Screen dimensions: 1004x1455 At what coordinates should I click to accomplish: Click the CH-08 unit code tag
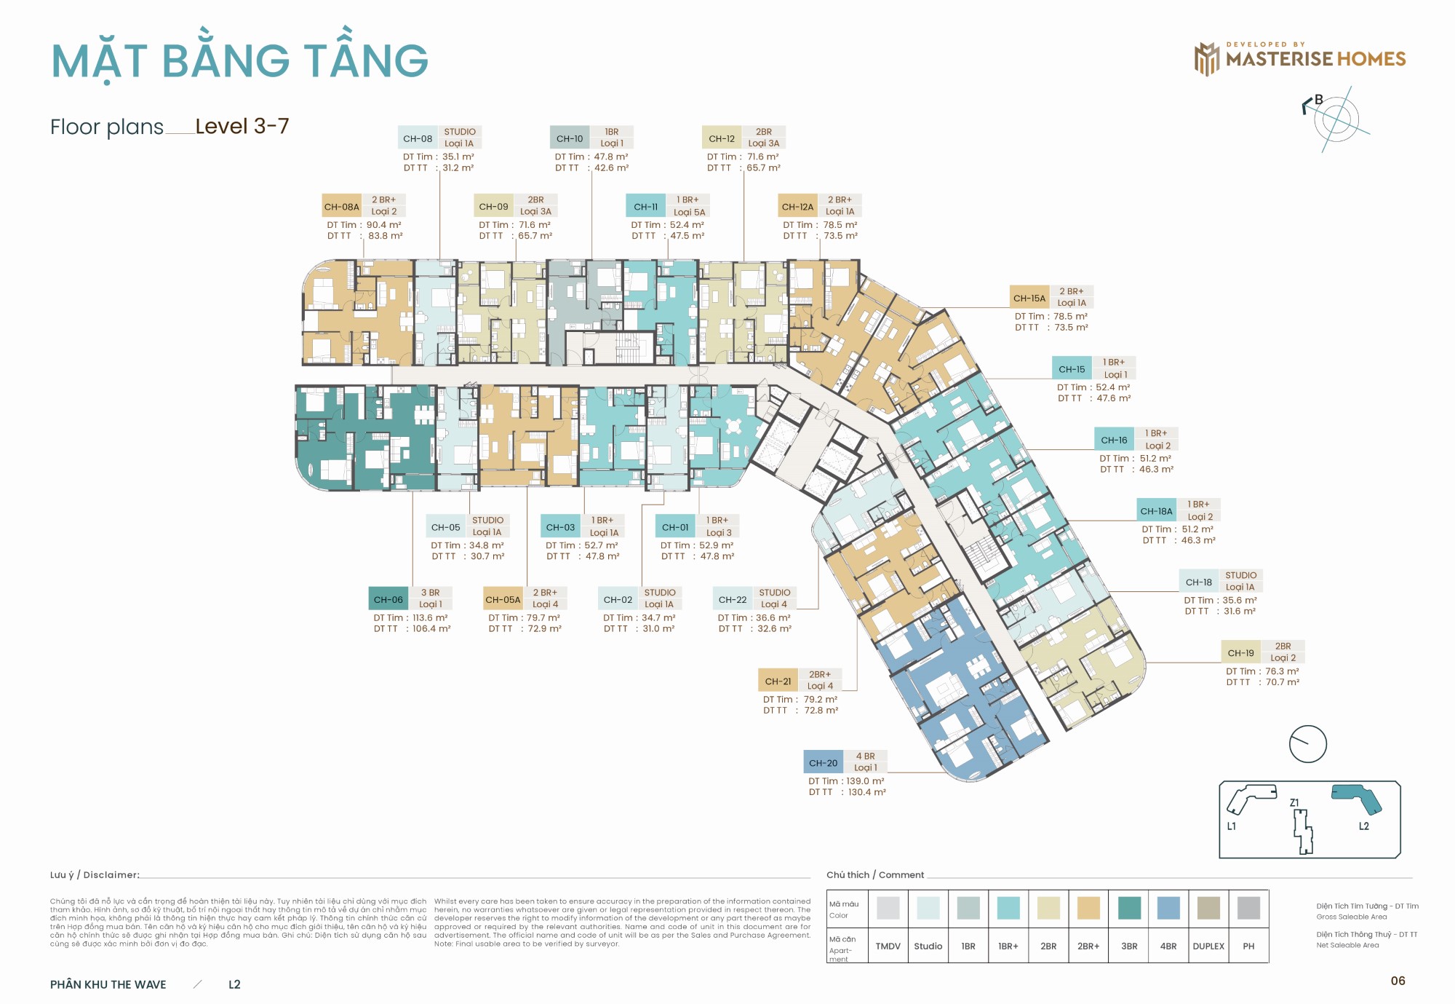(418, 138)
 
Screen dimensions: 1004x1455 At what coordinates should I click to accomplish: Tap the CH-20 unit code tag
(823, 763)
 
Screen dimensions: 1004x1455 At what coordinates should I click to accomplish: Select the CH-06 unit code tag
(388, 599)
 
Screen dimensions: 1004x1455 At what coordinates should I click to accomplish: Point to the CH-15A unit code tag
(1029, 298)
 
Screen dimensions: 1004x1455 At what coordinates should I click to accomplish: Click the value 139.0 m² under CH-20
(865, 780)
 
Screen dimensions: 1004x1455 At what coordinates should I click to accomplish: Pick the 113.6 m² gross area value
(430, 617)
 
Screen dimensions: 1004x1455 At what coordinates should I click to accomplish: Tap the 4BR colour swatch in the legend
(1168, 908)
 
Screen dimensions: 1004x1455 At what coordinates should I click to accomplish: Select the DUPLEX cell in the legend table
(1208, 946)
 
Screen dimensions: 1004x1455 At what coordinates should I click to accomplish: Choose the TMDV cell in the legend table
(888, 946)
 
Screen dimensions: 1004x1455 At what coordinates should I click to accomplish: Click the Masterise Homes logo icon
(1206, 59)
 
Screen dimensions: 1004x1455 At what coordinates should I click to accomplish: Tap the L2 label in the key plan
(1363, 826)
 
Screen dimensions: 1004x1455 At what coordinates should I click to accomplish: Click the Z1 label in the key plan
(1294, 802)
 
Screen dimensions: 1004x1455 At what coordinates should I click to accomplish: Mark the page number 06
(1398, 981)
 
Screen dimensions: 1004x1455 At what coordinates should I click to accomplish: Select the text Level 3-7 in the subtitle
(242, 126)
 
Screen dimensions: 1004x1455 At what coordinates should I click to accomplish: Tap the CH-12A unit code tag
(797, 207)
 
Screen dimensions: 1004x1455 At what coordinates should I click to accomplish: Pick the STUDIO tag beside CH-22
(774, 593)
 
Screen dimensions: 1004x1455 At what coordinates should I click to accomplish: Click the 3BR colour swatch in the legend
(1129, 908)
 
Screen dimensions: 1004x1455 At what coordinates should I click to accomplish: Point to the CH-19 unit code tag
(1240, 652)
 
